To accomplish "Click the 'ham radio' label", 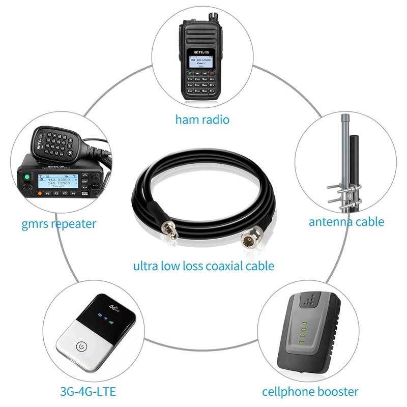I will tap(202, 120).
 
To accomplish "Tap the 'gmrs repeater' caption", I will tap(59, 223).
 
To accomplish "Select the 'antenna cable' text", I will tap(346, 221).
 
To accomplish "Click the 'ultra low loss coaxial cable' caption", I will tap(203, 266).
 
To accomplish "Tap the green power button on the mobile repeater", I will tap(26, 178).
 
